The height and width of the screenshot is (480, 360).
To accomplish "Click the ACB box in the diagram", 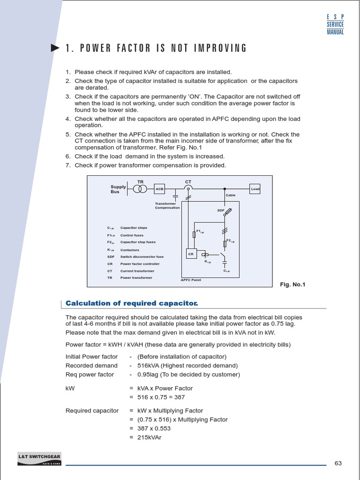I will pos(160,189).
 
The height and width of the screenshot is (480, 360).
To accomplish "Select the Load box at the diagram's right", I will pos(255,188).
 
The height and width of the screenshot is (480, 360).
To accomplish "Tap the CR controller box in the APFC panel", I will pos(191,254).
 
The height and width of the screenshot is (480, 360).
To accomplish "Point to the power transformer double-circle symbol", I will pos(140,188).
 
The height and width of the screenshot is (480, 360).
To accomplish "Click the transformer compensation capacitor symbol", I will pos(176,194).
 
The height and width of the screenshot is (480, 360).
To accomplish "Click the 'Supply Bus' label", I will pos(118,189).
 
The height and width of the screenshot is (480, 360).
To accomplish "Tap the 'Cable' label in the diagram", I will pos(231,195).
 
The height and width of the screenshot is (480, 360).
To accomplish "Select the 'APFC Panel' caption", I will pos(191,280).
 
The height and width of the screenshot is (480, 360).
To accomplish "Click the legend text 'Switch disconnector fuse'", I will pos(142,257).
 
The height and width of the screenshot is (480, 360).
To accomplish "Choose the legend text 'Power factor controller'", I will pos(140,264).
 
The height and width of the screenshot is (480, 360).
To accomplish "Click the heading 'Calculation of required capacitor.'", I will pos(132,303).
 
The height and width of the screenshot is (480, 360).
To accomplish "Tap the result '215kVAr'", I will pos(149,437).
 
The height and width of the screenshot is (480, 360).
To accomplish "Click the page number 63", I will pos(338,463).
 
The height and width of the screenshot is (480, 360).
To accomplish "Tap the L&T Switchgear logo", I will pos(39,459).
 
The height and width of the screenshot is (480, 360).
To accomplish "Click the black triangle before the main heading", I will pos(55,48).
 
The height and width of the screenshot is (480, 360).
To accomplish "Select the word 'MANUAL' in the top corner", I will pos(335,32).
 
